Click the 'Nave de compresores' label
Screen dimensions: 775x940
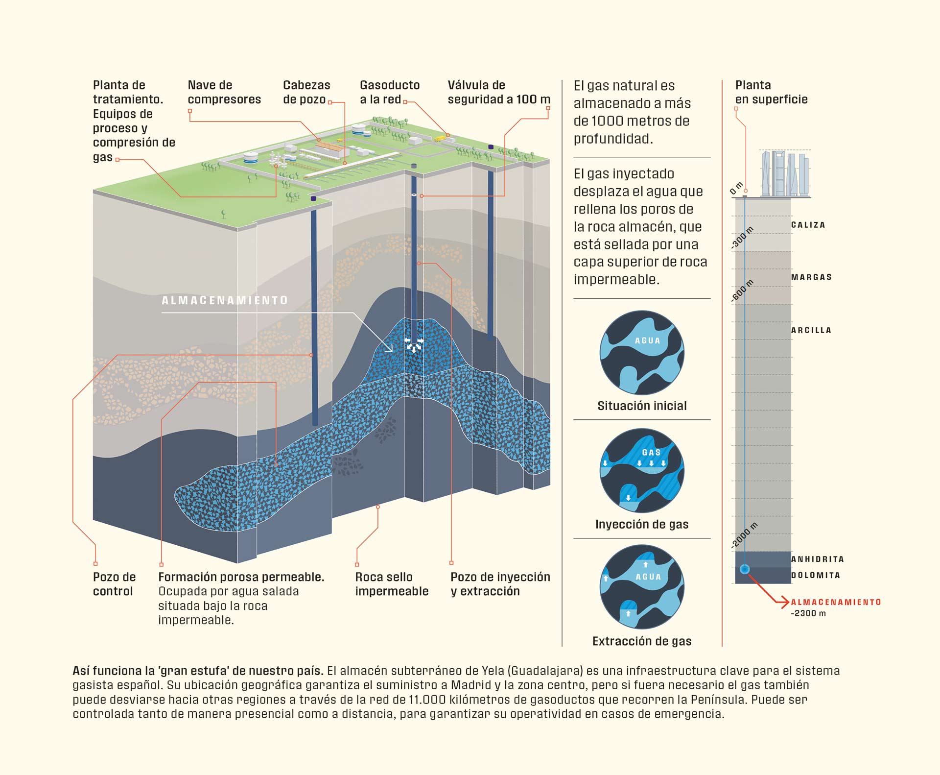click(224, 92)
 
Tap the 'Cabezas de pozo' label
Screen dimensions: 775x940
click(306, 92)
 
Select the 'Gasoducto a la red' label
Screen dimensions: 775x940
click(390, 92)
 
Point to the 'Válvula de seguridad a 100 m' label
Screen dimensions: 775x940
click(498, 92)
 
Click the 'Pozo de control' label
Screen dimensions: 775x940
click(114, 584)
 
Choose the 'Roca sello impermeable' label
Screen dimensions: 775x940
click(392, 584)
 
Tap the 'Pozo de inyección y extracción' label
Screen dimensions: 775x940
click(500, 584)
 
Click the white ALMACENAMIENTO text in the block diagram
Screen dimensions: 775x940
click(225, 300)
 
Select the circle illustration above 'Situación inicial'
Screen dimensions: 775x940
click(642, 353)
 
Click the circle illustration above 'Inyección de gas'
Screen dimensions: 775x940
click(642, 471)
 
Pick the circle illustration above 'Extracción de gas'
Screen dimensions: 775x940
click(642, 587)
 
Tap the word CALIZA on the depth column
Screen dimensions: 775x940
click(808, 225)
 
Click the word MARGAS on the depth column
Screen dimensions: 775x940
click(811, 277)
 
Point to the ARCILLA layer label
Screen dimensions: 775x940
click(811, 330)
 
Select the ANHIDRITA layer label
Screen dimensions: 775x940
click(818, 559)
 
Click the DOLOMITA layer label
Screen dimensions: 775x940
click(816, 575)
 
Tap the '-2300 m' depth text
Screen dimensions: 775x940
click(808, 613)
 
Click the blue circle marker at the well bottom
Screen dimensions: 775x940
click(745, 569)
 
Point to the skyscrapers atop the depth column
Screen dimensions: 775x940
click(784, 174)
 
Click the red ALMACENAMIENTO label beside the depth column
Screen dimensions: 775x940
click(836, 602)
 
